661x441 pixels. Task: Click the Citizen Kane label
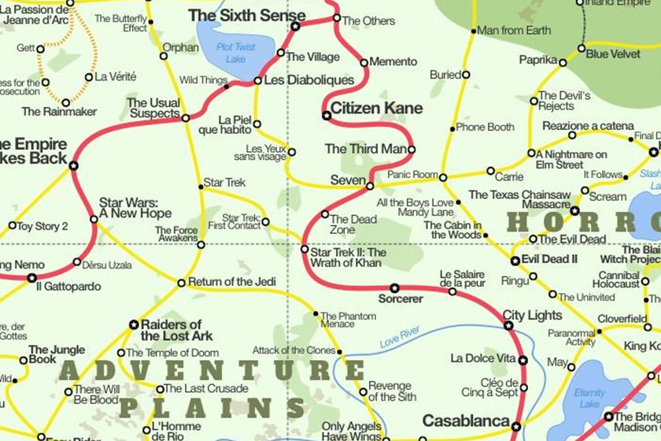pyautogui.click(x=376, y=109)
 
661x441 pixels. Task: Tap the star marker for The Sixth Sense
pyautogui.click(x=296, y=26)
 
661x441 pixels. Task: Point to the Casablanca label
pyautogui.click(x=466, y=421)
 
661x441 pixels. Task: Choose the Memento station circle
pyautogui.click(x=364, y=61)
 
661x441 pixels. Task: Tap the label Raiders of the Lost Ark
pyautogui.click(x=171, y=331)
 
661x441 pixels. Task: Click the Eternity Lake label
pyautogui.click(x=589, y=398)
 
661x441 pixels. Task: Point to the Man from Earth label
pyautogui.click(x=515, y=31)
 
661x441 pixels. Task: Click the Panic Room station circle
pyautogui.click(x=443, y=177)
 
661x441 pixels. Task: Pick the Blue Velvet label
pyautogui.click(x=614, y=54)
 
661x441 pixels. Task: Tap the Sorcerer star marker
pyautogui.click(x=394, y=288)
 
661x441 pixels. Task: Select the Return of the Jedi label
pyautogui.click(x=232, y=282)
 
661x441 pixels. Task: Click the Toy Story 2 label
pyautogui.click(x=42, y=226)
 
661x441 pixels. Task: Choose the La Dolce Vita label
pyautogui.click(x=483, y=359)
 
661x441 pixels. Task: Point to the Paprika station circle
pyautogui.click(x=563, y=60)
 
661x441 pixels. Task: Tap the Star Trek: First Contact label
pyautogui.click(x=241, y=221)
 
